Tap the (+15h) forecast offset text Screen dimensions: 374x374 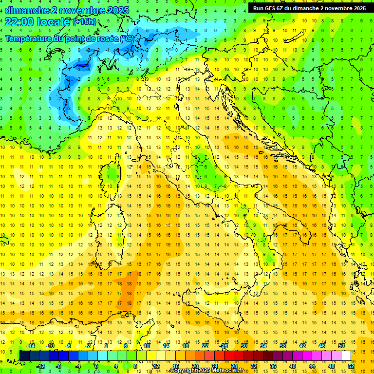pos(84,21)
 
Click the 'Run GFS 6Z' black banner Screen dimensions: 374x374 pos(310,8)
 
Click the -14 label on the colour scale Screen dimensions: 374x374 pos(31,346)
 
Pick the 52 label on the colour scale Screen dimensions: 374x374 pos(352,366)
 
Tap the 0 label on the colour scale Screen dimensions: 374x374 pos(97,366)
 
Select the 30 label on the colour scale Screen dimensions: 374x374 pos(244,346)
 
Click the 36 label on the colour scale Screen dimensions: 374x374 pos(273,366)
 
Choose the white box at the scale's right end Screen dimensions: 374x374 pos(346,356)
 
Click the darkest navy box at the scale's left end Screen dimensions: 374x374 pos(24,356)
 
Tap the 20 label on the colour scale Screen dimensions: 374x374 pos(195,366)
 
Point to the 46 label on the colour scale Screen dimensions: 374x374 pos(322,346)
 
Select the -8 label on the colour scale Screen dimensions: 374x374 pos(59,366)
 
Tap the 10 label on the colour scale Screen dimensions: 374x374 pos(147,346)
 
